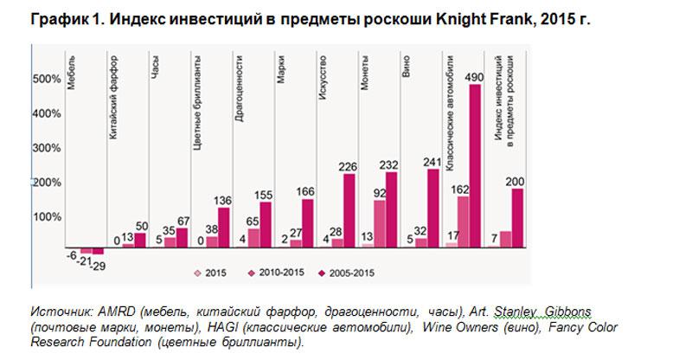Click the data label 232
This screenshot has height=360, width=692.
387,164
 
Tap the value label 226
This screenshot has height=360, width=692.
347,167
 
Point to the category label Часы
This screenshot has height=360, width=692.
155,77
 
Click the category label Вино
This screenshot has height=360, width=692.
407,74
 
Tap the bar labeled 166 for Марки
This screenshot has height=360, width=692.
306,224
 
